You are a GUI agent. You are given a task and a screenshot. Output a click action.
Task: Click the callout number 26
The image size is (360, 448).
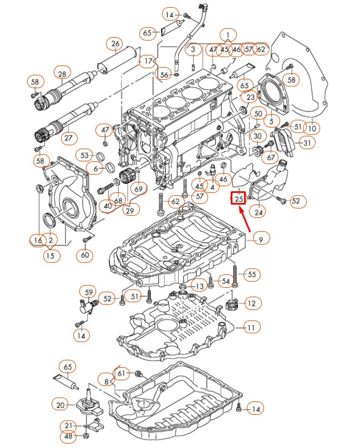click(115, 44)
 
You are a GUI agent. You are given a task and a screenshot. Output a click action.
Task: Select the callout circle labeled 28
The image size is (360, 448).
click(62, 73)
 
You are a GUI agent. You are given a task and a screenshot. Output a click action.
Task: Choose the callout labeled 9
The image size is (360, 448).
click(262, 239)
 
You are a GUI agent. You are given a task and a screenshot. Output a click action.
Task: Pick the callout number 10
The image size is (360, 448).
click(312, 129)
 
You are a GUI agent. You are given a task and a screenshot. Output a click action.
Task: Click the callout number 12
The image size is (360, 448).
click(251, 303)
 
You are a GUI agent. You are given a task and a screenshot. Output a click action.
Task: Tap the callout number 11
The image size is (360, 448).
click(251, 328)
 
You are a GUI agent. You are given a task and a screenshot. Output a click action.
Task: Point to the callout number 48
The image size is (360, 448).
click(68, 437)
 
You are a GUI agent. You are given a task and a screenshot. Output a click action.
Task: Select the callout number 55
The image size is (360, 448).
click(252, 274)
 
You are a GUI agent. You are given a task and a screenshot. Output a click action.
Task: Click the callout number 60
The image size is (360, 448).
click(84, 256)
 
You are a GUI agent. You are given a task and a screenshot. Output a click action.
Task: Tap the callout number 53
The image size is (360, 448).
click(85, 155)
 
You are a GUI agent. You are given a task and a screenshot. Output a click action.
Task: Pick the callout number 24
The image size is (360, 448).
click(258, 211)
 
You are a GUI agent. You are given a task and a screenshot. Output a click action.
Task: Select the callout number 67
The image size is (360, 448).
click(271, 158)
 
